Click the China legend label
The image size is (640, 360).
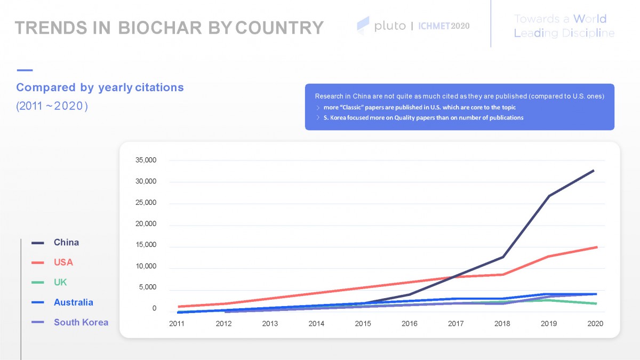[x=66, y=243]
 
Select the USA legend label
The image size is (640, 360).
[x=63, y=262]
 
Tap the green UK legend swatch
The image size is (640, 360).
[x=38, y=283]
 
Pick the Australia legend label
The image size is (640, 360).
[x=73, y=302]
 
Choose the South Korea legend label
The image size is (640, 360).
[x=81, y=322]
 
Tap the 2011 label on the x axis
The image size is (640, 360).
[x=177, y=324]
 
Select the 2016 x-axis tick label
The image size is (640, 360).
[x=410, y=324]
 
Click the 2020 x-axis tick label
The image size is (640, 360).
[x=595, y=324]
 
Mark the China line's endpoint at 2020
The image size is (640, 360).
[x=594, y=171]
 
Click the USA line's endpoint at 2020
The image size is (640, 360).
[x=596, y=247]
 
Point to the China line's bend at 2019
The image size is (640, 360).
[x=549, y=196]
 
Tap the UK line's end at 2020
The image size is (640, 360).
[x=596, y=303]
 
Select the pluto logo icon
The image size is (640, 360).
[x=363, y=25]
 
